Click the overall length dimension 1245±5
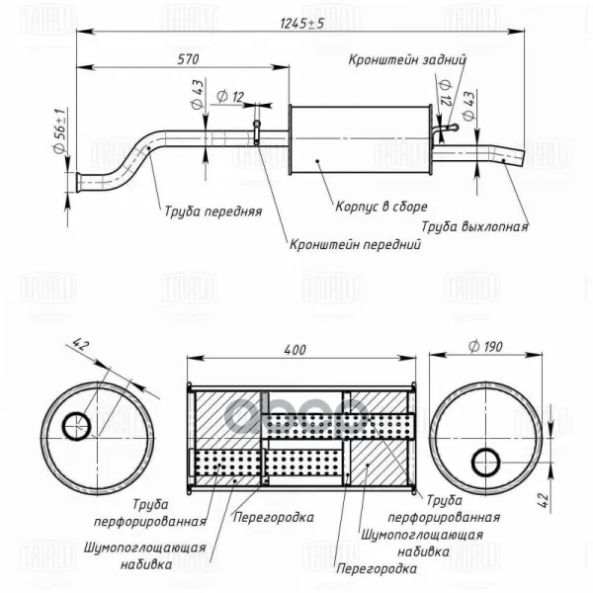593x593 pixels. pyautogui.click(x=301, y=24)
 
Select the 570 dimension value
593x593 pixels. pyautogui.click(x=188, y=59)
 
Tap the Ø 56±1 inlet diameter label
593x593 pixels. pyautogui.click(x=61, y=130)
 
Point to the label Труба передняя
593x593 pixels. pyautogui.click(x=213, y=212)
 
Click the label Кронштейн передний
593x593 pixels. pyautogui.click(x=355, y=244)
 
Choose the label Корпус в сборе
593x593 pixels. pyautogui.click(x=381, y=207)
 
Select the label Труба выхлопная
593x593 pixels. pyautogui.click(x=474, y=226)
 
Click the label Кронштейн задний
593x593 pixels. pyautogui.click(x=407, y=59)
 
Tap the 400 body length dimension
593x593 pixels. pyautogui.click(x=295, y=350)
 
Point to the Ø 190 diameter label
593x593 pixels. pyautogui.click(x=485, y=346)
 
